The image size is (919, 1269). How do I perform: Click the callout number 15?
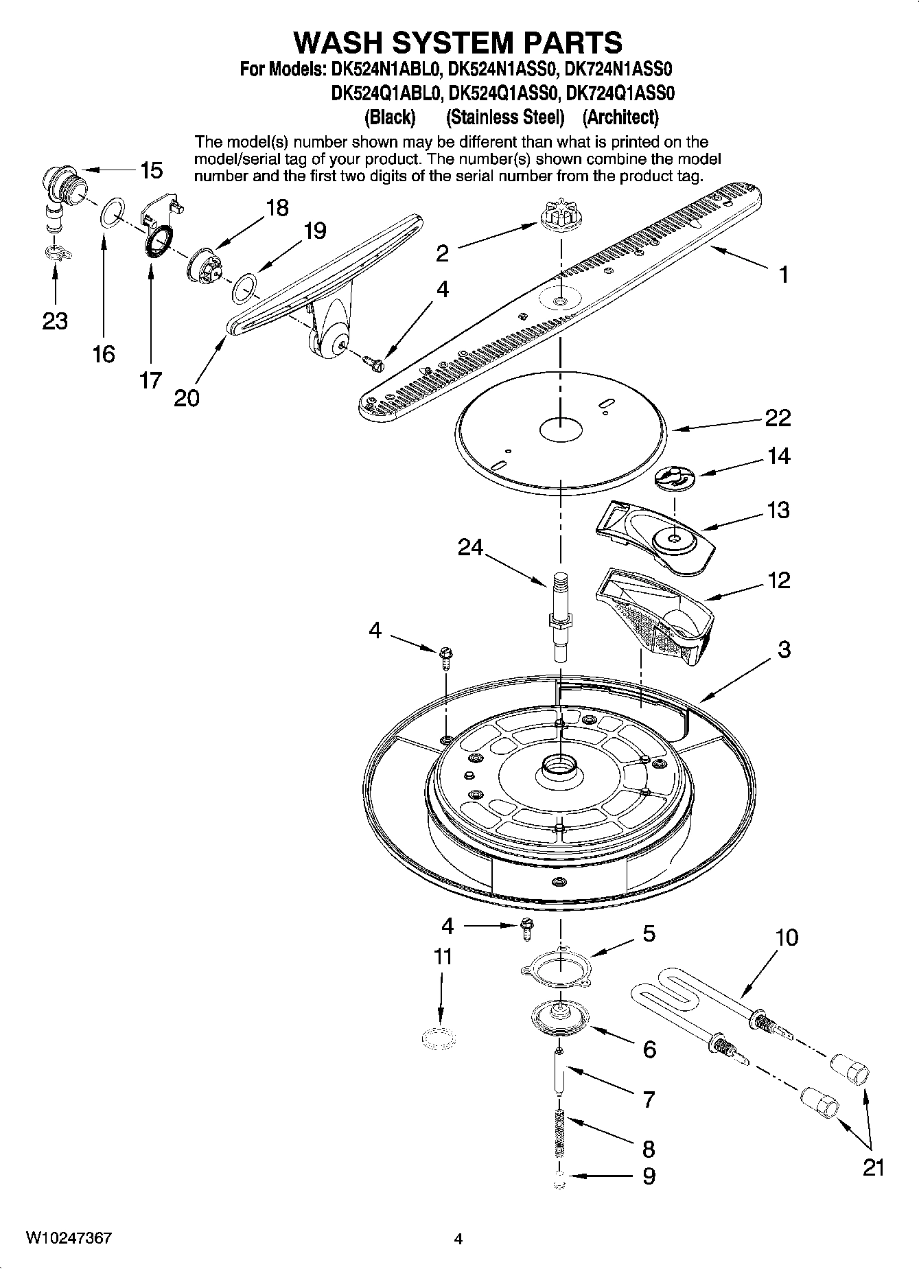151,170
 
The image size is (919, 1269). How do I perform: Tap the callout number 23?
55,320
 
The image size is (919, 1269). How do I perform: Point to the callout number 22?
778,417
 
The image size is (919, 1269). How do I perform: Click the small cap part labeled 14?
675,477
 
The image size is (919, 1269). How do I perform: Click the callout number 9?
649,1176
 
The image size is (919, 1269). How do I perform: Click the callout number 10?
787,937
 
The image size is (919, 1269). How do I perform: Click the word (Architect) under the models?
620,117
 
